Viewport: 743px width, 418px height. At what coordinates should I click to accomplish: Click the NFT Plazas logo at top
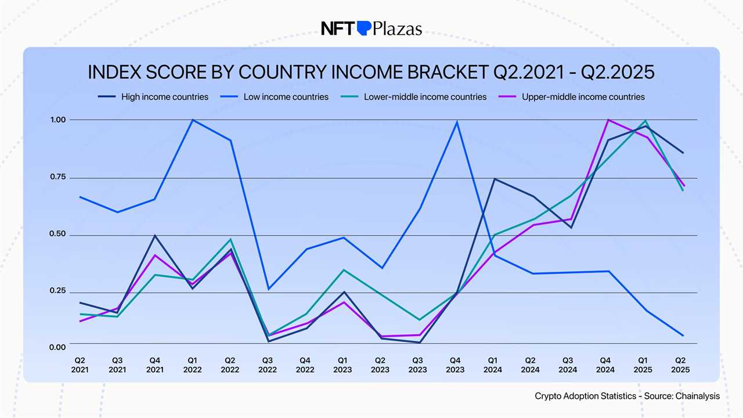click(x=371, y=28)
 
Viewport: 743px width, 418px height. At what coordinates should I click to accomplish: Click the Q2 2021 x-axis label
click(x=80, y=365)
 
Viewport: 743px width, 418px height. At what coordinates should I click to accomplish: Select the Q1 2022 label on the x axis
click(x=192, y=365)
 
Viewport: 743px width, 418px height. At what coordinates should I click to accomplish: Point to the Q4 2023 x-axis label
click(x=455, y=365)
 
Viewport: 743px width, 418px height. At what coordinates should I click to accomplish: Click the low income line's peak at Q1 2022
click(x=192, y=120)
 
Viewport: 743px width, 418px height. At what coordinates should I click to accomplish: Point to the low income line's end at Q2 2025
click(x=683, y=336)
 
